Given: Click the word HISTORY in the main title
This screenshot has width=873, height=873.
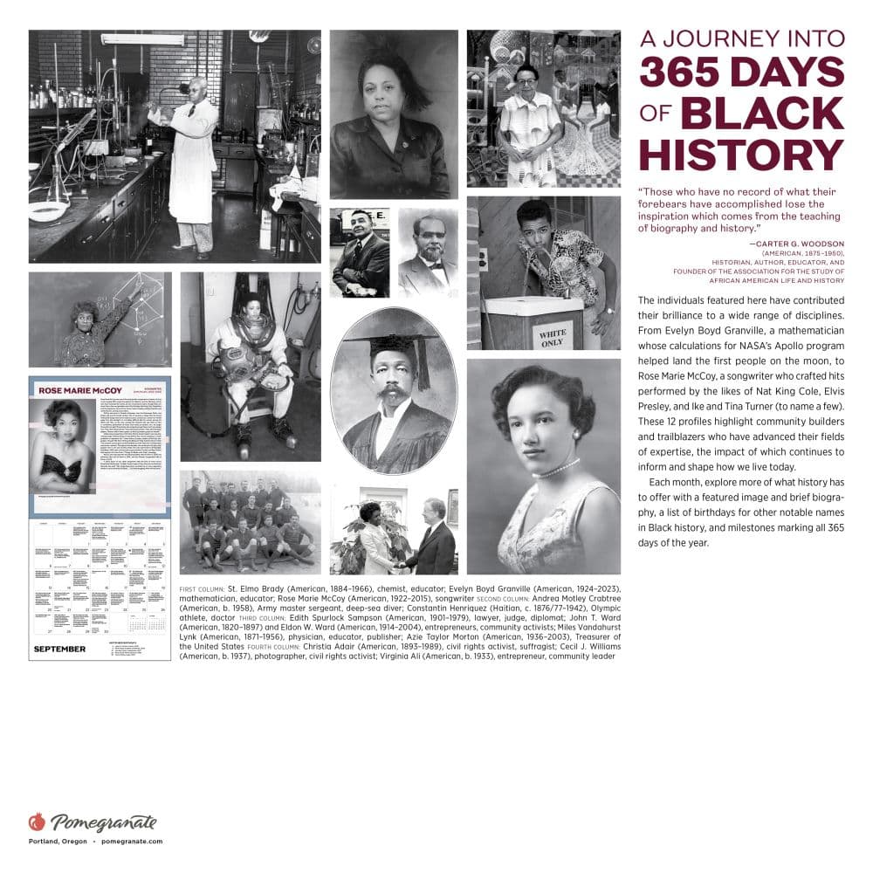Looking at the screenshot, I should point(741,155).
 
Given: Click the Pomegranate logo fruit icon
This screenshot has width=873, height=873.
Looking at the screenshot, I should point(37,821).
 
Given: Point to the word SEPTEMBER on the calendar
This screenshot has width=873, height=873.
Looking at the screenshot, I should point(59,649).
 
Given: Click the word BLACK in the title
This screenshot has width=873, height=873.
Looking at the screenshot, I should point(762,113).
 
